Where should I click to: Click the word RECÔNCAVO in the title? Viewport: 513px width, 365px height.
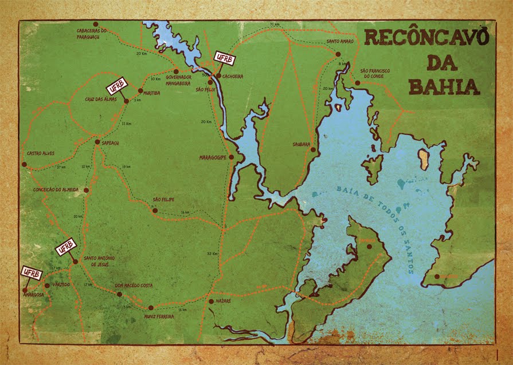(426, 38)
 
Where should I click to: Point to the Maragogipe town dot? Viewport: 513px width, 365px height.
(231, 157)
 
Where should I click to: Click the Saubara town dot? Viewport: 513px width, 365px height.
(313, 150)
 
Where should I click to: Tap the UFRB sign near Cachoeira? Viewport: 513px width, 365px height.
(224, 58)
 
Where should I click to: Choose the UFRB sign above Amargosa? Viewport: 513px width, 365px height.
(32, 273)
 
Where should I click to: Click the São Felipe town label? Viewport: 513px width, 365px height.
(163, 200)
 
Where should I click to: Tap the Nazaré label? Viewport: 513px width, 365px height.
(223, 301)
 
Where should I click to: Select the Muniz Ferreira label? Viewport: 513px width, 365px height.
(159, 316)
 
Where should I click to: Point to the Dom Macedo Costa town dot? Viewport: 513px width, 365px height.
(119, 294)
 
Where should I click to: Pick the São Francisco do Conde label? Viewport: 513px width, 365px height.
(375, 73)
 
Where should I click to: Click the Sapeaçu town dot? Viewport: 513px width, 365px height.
(97, 142)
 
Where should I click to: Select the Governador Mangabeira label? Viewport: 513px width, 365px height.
(178, 79)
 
